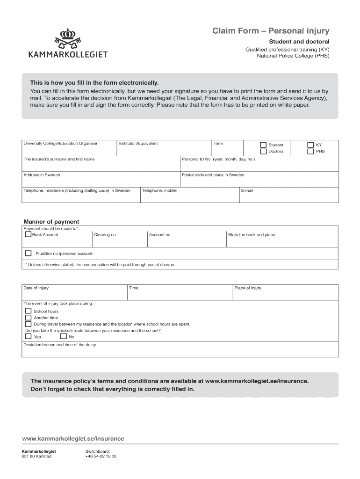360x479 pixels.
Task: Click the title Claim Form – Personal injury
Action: [x=271, y=31]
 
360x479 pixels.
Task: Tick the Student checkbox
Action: [x=263, y=145]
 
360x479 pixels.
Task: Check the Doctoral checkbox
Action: [x=263, y=152]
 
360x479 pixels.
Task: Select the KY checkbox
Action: [x=310, y=145]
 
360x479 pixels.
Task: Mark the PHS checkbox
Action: [x=310, y=152]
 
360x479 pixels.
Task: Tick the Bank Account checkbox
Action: [x=28, y=234]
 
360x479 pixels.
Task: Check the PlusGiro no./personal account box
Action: [x=28, y=253]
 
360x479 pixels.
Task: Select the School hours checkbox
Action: [x=29, y=311]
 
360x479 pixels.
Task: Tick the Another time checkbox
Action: [x=29, y=318]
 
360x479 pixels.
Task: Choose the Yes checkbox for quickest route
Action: [x=29, y=336]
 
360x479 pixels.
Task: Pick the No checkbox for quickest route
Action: [x=63, y=336]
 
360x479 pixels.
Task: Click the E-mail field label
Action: [x=247, y=190]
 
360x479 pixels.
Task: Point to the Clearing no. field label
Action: [x=105, y=235]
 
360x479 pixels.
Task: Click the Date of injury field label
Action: [x=36, y=288]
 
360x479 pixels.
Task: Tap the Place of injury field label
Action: [x=248, y=288]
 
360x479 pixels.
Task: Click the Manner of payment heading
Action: [x=51, y=222]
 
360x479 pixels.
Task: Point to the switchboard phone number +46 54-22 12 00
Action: [x=101, y=456]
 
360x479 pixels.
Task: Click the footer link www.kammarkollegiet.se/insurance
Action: [x=73, y=438]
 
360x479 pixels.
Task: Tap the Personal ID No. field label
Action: [x=218, y=159]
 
